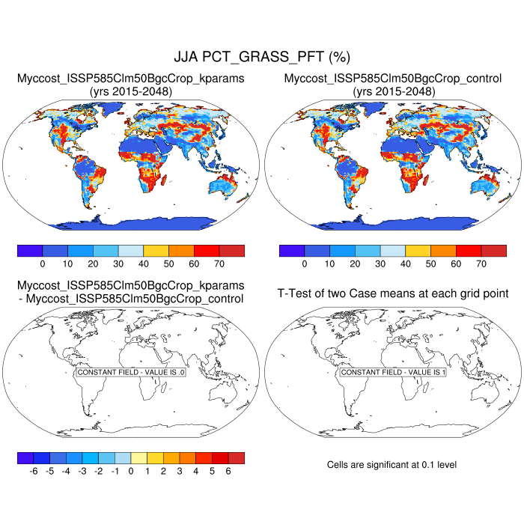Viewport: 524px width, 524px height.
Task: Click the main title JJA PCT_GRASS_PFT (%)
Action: point(262,57)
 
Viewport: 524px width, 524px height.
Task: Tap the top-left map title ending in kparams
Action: point(131,78)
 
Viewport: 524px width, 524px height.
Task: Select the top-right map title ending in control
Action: point(393,78)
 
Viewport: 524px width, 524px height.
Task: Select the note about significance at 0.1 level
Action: point(392,465)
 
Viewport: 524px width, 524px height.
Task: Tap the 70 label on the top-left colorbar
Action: point(219,264)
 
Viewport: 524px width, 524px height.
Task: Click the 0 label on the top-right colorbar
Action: point(305,264)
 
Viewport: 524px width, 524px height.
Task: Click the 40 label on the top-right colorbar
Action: point(406,264)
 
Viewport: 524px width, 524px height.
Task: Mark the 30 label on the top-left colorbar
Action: point(118,264)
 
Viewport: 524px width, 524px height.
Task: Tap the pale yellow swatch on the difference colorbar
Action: point(139,457)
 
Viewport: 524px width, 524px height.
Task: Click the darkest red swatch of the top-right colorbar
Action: point(494,251)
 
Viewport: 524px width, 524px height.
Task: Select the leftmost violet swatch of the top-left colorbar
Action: point(29,251)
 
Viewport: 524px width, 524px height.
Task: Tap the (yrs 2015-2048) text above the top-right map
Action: point(393,91)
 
